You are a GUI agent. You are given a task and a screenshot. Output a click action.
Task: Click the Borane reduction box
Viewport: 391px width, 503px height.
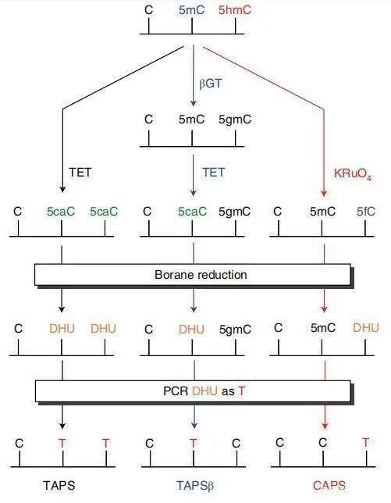[192, 275]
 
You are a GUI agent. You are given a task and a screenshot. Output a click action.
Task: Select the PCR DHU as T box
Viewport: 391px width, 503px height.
[192, 391]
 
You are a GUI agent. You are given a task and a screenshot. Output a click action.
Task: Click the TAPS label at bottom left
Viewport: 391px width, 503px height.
[62, 483]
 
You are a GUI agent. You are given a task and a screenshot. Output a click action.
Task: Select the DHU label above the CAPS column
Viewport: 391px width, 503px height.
[365, 328]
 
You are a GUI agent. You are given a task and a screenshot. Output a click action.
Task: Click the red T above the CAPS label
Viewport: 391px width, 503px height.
[365, 443]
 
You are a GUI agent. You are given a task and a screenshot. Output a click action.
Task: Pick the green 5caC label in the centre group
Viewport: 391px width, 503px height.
[192, 211]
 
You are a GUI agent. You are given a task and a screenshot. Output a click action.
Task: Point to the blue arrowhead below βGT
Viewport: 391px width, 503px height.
[192, 102]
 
